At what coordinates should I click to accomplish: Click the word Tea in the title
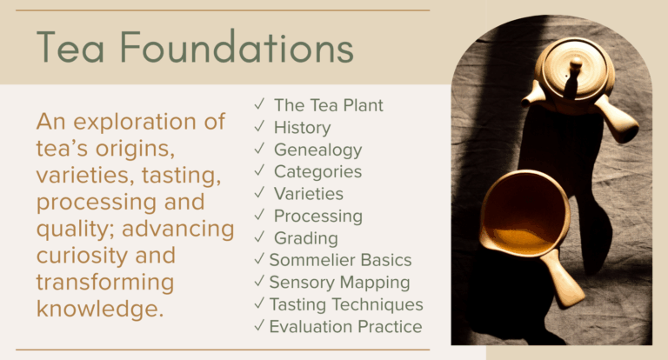tap(70, 47)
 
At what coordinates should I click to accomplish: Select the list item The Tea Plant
tap(328, 105)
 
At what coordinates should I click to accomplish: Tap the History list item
tap(302, 128)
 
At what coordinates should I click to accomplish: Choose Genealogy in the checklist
tap(317, 150)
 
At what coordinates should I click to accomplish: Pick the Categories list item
tap(317, 172)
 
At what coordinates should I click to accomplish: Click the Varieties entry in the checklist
tap(308, 194)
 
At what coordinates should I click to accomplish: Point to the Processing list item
tap(317, 216)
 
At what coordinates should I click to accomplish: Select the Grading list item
tap(305, 237)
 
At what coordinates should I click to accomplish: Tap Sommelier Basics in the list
tap(340, 260)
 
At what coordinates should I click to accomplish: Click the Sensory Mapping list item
tap(339, 282)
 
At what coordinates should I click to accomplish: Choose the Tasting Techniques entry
tap(345, 304)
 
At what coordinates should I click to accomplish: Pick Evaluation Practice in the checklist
tap(345, 326)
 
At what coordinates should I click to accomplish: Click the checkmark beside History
tap(259, 127)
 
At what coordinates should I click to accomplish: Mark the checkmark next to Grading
tap(259, 237)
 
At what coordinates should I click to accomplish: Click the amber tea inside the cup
tap(523, 236)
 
